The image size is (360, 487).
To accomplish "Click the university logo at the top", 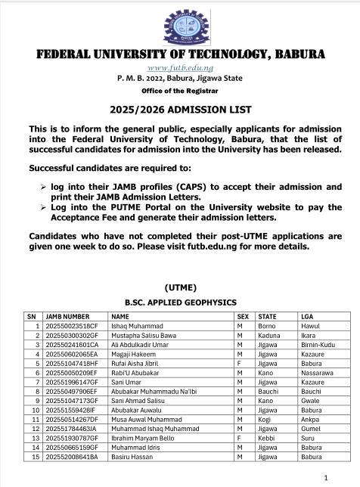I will pos(180,25).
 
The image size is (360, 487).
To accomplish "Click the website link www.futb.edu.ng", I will pos(180,68).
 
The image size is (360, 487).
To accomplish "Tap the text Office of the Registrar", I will pos(180,89).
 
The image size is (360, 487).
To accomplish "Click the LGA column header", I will pos(307,317).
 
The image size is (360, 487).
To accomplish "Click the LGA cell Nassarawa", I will pos(316,372).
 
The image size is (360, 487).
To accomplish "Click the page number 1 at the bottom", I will pos(325,477).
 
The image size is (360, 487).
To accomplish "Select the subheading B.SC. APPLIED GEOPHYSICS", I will pos(180,302).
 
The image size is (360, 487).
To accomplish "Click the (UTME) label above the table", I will pos(180,287).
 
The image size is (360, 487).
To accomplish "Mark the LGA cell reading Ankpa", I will pos(310,418).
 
